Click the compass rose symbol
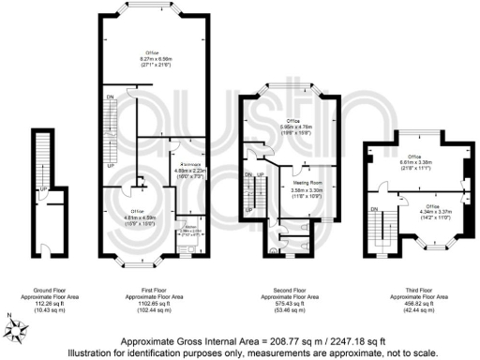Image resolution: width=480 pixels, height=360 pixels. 17,325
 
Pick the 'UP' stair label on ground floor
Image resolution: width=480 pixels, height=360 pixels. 43,189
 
